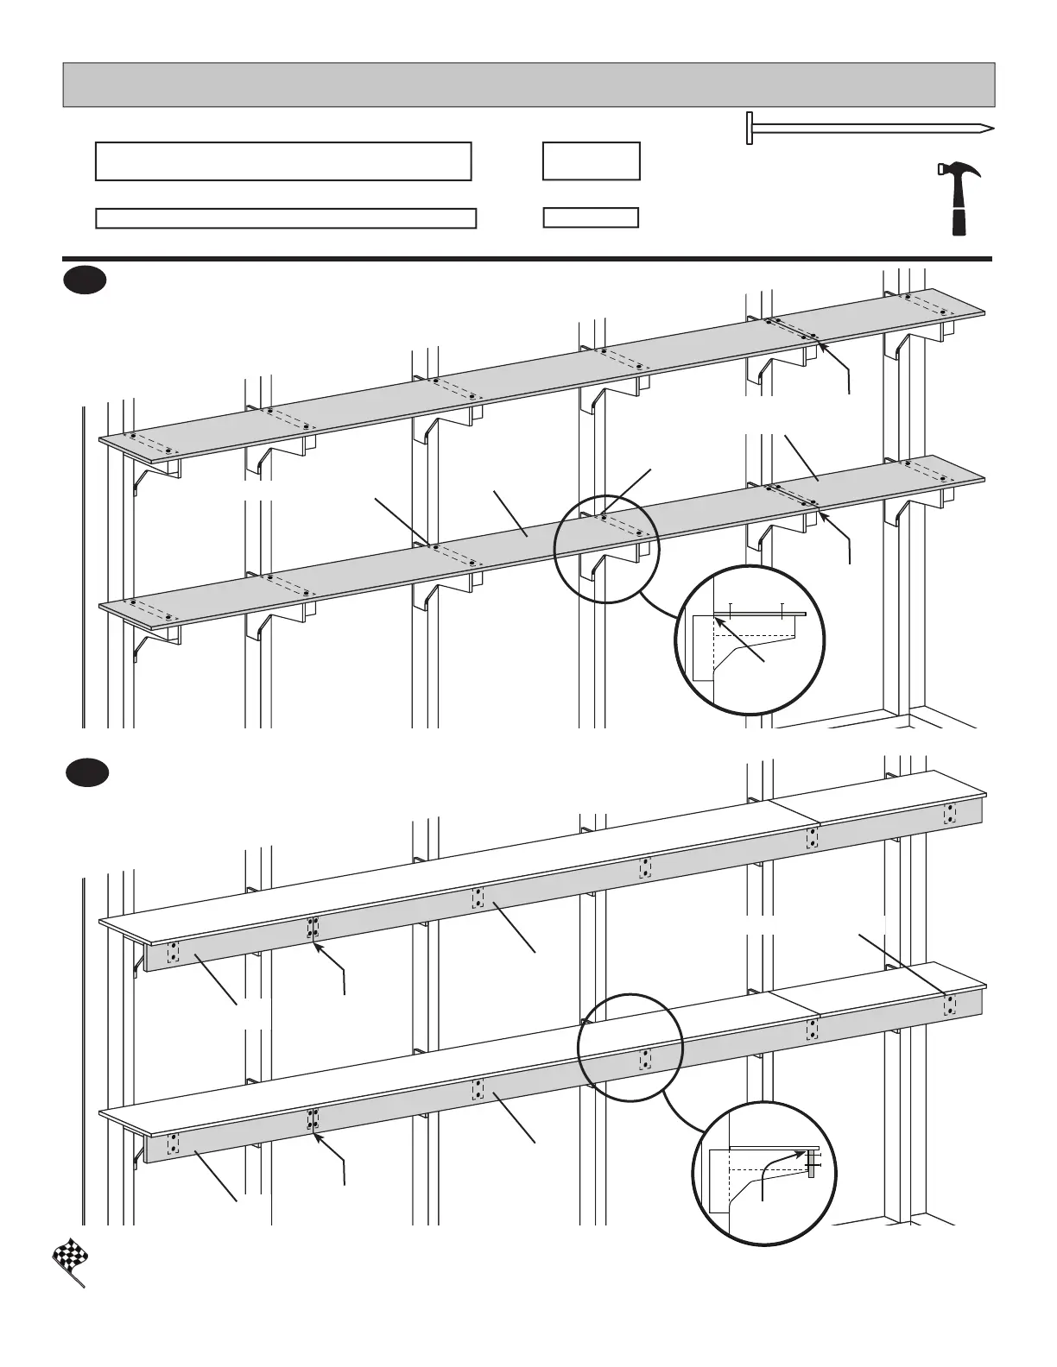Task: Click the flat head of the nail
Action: point(750,129)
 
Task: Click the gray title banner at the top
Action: point(528,85)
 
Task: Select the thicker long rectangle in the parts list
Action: point(283,161)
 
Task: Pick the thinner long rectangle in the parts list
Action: point(285,218)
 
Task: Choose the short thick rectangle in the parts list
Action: point(591,161)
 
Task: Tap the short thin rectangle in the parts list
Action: point(591,217)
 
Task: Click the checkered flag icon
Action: point(67,1261)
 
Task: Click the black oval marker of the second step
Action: point(88,772)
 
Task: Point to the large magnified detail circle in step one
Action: point(750,639)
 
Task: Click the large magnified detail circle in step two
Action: point(765,1174)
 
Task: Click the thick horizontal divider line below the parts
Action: point(527,258)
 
